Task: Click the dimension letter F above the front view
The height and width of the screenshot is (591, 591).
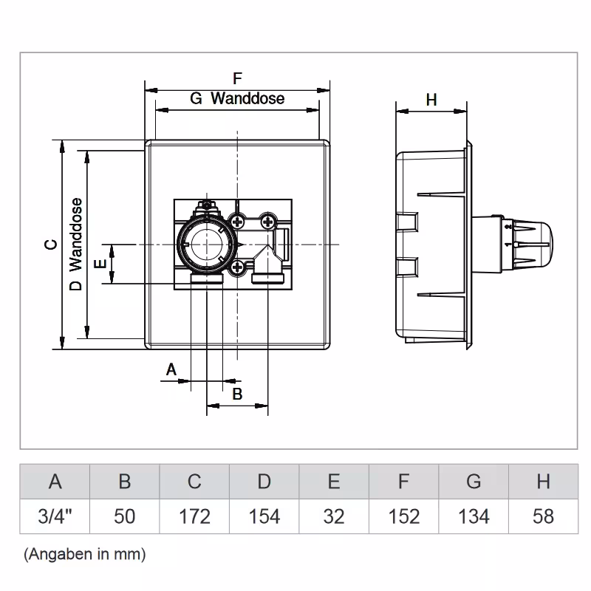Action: pyautogui.click(x=237, y=78)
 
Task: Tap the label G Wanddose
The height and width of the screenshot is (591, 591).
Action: pyautogui.click(x=237, y=98)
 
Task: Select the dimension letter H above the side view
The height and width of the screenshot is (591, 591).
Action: pyautogui.click(x=431, y=100)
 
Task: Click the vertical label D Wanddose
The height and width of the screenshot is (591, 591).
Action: pyautogui.click(x=75, y=245)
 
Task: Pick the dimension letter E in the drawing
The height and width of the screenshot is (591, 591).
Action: pyautogui.click(x=101, y=263)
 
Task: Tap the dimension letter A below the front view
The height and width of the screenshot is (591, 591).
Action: pyautogui.click(x=171, y=368)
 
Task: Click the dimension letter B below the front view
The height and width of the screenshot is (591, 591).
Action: pyautogui.click(x=237, y=394)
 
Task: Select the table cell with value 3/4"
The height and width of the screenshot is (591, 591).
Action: pyautogui.click(x=55, y=516)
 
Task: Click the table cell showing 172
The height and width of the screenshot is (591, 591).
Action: pyautogui.click(x=194, y=516)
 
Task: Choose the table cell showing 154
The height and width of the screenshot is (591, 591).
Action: pyautogui.click(x=264, y=516)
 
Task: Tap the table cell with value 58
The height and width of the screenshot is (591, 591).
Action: pyautogui.click(x=543, y=516)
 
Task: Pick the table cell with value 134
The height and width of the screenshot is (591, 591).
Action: pyautogui.click(x=474, y=516)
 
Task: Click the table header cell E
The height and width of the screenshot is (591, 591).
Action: pyautogui.click(x=334, y=482)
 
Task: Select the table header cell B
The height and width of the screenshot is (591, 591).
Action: pyautogui.click(x=125, y=482)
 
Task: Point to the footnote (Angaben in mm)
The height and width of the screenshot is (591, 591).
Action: pyautogui.click(x=84, y=553)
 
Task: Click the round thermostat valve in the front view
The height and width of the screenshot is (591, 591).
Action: pyautogui.click(x=205, y=244)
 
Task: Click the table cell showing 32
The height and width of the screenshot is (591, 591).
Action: pyautogui.click(x=334, y=516)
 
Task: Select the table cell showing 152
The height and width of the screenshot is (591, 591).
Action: pyautogui.click(x=403, y=516)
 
